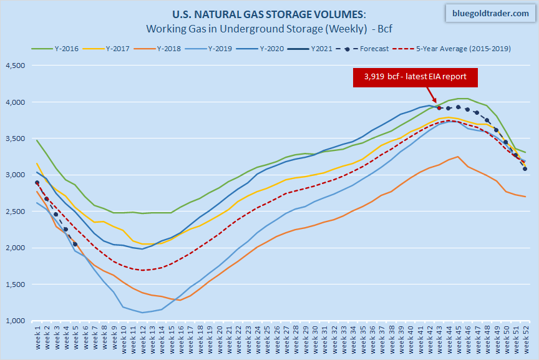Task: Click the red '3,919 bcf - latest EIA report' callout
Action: (x=407, y=77)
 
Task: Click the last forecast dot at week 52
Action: (x=525, y=168)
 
